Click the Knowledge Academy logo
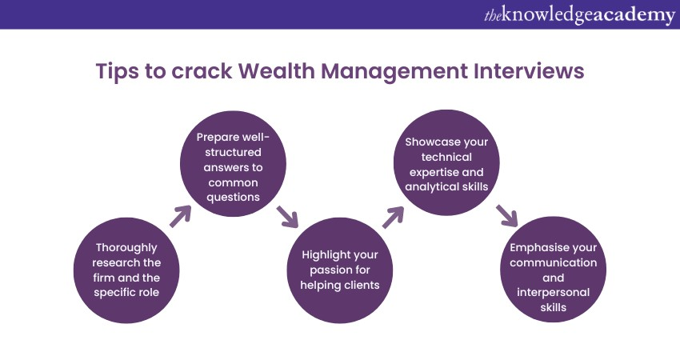[x=579, y=14]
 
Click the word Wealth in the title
[x=276, y=70]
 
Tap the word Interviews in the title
[x=529, y=70]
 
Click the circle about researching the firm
[x=126, y=270]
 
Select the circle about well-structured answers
[x=233, y=163]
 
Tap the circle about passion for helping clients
[x=339, y=270]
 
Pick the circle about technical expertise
[x=446, y=162]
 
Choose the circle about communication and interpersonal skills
[x=553, y=270]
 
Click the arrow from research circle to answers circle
[x=181, y=216]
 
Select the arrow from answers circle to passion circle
[x=287, y=217]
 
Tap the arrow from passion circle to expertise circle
[x=394, y=217]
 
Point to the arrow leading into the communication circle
[x=507, y=215]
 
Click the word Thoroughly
[x=126, y=249]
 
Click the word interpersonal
[x=553, y=293]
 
